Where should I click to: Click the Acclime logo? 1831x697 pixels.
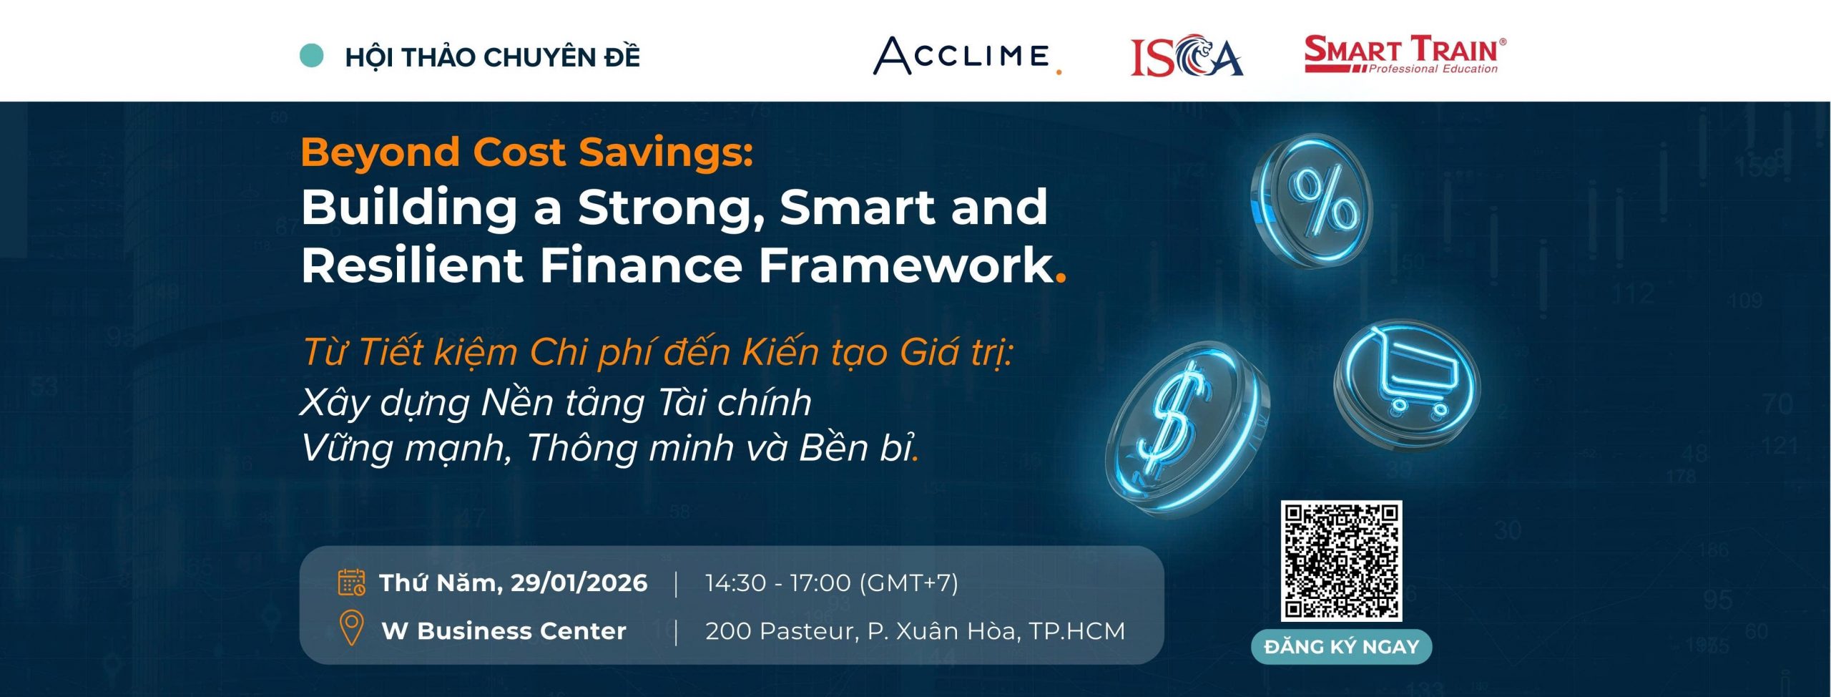pos(967,56)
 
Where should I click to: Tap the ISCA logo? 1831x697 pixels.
pos(1187,56)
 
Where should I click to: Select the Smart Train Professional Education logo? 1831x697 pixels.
pos(1405,54)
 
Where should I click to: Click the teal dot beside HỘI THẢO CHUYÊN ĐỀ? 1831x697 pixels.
pos(311,56)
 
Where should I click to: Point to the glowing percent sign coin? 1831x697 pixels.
pos(1312,201)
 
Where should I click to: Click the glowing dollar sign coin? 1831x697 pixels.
pos(1187,427)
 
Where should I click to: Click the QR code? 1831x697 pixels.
pos(1341,560)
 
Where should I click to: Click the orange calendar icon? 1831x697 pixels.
pos(351,583)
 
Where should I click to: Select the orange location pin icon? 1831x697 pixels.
pos(350,628)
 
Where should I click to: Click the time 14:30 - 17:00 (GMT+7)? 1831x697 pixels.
pos(832,583)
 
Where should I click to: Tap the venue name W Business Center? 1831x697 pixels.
pos(504,631)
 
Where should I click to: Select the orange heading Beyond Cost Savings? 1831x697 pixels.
pos(527,153)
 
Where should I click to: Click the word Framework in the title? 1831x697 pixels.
pos(906,265)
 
